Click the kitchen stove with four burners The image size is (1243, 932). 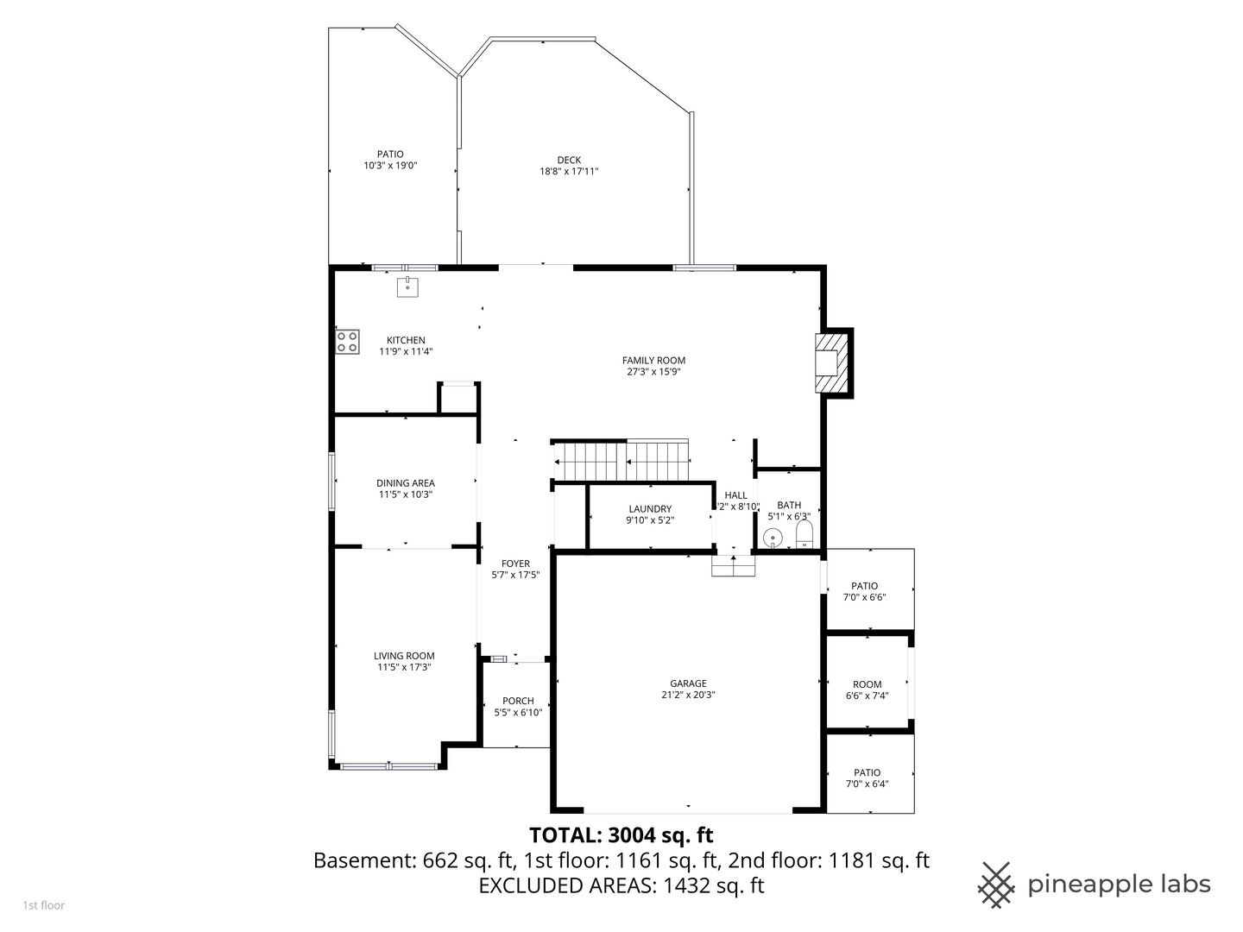click(346, 342)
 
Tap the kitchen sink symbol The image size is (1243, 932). click(407, 287)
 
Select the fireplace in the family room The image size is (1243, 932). click(830, 362)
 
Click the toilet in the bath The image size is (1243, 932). click(804, 534)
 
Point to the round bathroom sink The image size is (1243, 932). click(773, 537)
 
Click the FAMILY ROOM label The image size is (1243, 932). click(653, 361)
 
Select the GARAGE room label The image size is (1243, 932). click(688, 683)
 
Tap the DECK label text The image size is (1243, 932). click(569, 161)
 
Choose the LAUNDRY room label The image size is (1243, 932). click(650, 509)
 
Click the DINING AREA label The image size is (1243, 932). click(406, 483)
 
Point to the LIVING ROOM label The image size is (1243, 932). click(404, 656)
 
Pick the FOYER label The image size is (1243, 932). click(515, 564)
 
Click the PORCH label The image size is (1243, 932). click(518, 701)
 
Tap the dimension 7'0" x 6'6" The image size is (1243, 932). click(864, 597)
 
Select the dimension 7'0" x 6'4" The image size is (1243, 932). click(867, 784)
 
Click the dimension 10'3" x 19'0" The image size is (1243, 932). click(390, 165)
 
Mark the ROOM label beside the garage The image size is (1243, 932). click(867, 684)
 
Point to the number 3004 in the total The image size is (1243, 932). click(632, 834)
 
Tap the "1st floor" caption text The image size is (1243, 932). click(44, 905)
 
